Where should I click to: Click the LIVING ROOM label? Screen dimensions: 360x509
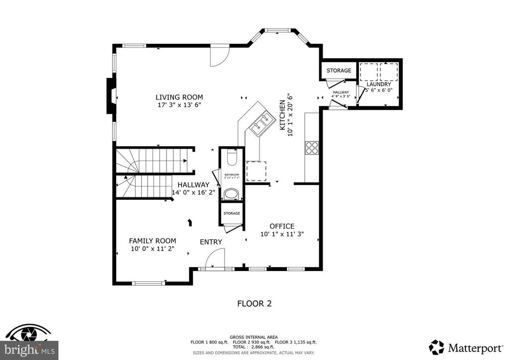(x=179, y=97)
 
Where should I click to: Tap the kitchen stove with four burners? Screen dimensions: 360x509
(x=312, y=148)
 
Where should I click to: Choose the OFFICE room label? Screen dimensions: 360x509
(x=282, y=226)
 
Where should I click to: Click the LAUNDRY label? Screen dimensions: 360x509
(x=379, y=85)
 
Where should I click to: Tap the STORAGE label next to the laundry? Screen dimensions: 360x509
(x=339, y=71)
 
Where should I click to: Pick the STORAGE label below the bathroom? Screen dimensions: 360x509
(x=232, y=213)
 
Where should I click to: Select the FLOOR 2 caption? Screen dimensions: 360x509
(x=254, y=303)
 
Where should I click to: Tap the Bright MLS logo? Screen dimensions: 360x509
(x=30, y=343)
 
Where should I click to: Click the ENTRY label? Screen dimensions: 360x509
(x=211, y=242)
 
